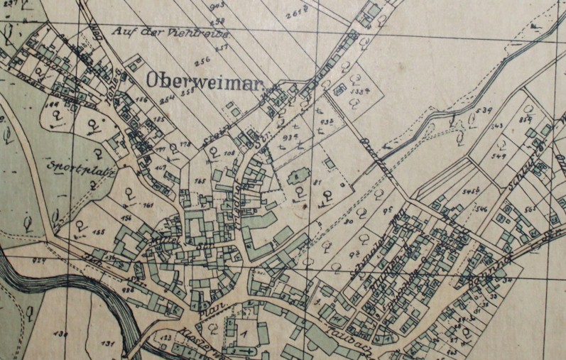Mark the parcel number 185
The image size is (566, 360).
click(158, 120)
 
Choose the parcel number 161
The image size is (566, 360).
click(148, 205)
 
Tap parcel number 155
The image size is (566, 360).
click(97, 231)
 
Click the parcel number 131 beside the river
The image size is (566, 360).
click(107, 343)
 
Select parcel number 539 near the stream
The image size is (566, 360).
click(486, 111)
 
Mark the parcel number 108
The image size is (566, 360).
click(229, 153)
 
